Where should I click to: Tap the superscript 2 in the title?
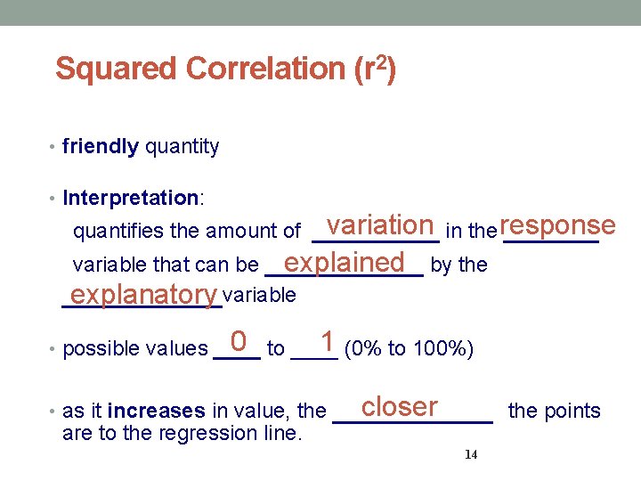pyautogui.click(x=378, y=61)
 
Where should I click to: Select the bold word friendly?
pyautogui.click(x=101, y=147)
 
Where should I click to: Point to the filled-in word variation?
pyautogui.click(x=379, y=225)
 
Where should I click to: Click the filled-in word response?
pyautogui.click(x=557, y=225)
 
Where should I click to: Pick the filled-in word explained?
pyautogui.click(x=345, y=262)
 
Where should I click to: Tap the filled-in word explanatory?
pyautogui.click(x=144, y=294)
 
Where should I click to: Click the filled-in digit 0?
pyautogui.click(x=238, y=341)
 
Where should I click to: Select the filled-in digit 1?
pyautogui.click(x=329, y=341)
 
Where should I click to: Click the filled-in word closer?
pyautogui.click(x=400, y=406)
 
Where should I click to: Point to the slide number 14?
pyautogui.click(x=472, y=455)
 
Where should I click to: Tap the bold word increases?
pyautogui.click(x=157, y=412)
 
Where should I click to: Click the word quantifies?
pyautogui.click(x=118, y=232)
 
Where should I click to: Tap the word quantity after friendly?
pyautogui.click(x=182, y=147)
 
